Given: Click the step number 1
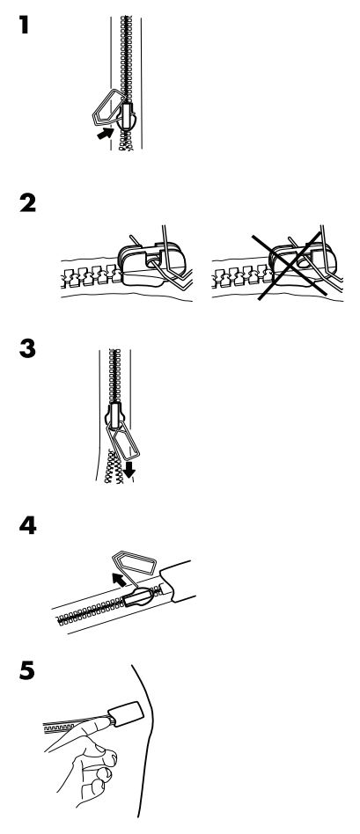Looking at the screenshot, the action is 23,25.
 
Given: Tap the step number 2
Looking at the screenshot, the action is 27,203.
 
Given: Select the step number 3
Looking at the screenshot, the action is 27,348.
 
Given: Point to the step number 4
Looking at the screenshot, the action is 27,525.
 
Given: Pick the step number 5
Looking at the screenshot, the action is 26,670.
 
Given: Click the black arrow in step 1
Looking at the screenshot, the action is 106,133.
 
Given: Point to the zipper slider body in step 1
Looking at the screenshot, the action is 127,116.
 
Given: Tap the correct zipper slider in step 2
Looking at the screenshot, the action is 151,264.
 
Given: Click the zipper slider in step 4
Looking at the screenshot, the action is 140,598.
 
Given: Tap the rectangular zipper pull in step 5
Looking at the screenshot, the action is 126,714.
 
